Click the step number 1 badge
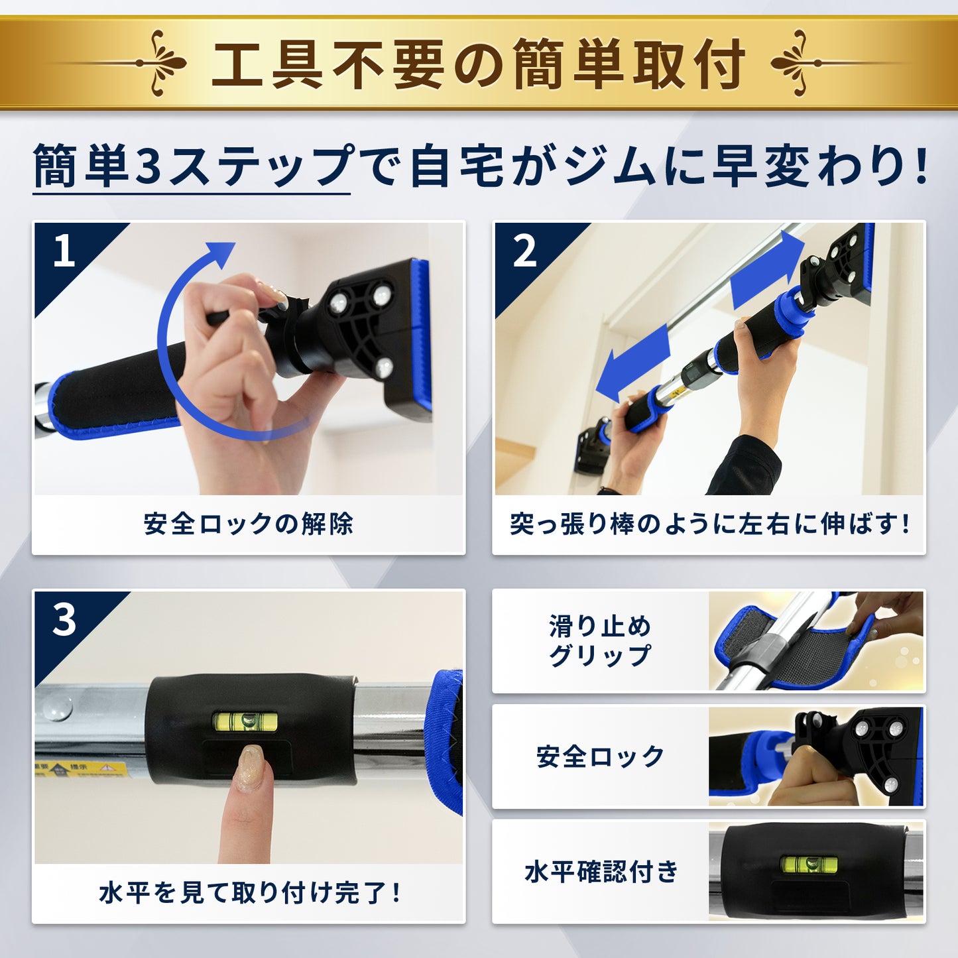pos(64,251)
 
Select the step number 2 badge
pos(524,251)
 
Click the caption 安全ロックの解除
pos(249,524)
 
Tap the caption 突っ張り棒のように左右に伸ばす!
pos(709,524)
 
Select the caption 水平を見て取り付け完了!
pos(249,893)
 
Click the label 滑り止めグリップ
pos(600,640)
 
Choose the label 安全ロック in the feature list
pos(600,756)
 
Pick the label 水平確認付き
pos(601,872)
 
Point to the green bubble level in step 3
pos(245,721)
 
